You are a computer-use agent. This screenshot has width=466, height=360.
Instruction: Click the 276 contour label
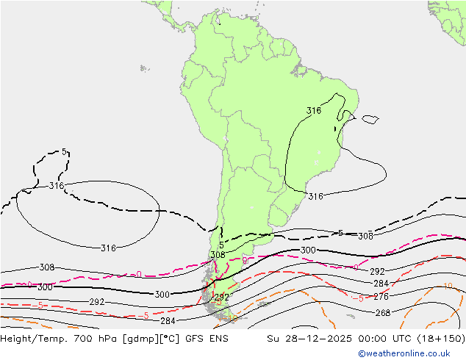(x=381, y=297)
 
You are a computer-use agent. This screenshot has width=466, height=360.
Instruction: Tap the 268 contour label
(x=382, y=312)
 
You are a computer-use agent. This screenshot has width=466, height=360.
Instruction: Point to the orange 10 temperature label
(x=448, y=287)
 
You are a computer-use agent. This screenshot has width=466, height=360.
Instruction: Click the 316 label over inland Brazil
(x=314, y=111)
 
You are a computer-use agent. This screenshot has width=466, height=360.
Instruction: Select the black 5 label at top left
(x=65, y=152)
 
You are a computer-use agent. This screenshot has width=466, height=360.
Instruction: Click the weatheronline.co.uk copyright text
(x=409, y=353)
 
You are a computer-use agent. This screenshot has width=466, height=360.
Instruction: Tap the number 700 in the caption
(x=85, y=339)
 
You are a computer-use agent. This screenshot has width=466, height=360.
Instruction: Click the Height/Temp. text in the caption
(x=35, y=339)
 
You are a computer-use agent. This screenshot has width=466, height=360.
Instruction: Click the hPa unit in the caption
(x=107, y=339)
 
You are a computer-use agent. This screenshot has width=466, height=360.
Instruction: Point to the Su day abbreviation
(x=273, y=339)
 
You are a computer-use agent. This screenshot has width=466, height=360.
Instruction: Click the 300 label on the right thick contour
(x=308, y=251)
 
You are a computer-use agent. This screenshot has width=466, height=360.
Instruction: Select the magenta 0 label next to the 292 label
(x=356, y=267)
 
